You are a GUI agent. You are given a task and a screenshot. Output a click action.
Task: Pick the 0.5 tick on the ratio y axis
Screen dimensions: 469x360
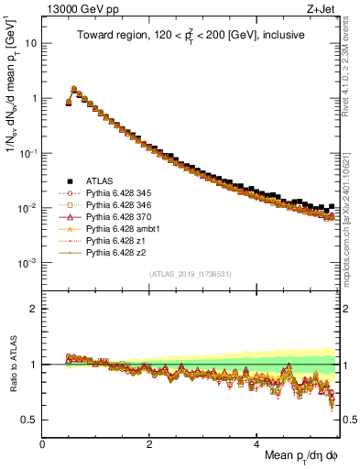point(30,420)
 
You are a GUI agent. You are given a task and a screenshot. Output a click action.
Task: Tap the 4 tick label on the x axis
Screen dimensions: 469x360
point(257,442)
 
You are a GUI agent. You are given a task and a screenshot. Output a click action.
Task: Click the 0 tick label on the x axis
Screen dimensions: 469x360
point(42,442)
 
